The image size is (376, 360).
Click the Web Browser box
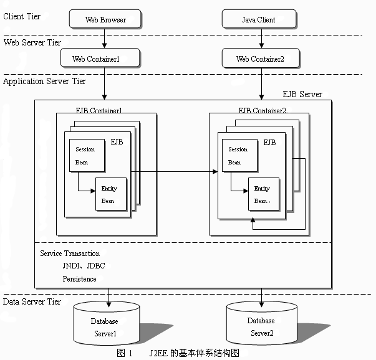[105, 19]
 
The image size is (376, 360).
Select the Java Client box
[258, 19]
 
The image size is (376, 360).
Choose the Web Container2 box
[260, 59]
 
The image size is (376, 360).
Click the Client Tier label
[22, 16]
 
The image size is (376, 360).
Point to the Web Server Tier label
[32, 42]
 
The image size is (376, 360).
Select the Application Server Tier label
[45, 81]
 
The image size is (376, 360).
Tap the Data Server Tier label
[32, 301]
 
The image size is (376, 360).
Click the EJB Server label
[302, 95]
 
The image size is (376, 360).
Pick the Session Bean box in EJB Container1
[85, 156]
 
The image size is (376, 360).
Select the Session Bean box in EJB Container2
[238, 156]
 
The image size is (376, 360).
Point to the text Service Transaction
[70, 253]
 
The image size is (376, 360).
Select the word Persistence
[79, 279]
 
